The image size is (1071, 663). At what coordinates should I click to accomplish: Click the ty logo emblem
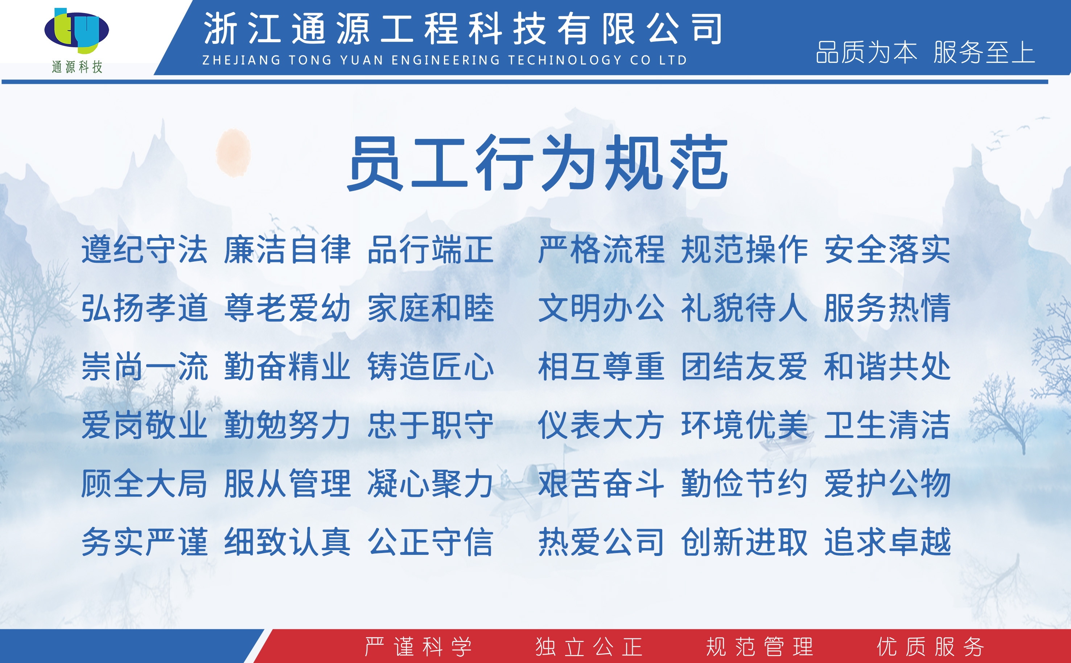(x=77, y=30)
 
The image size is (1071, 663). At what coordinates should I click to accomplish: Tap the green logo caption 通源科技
(x=77, y=67)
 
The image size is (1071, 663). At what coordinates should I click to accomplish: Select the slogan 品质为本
(x=866, y=52)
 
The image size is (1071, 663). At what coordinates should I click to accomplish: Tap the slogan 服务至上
(x=984, y=52)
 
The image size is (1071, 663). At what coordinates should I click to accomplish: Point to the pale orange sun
(x=233, y=152)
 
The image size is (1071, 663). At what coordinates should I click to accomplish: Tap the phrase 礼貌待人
(x=744, y=308)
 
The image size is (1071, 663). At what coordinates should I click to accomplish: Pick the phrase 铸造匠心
(x=431, y=367)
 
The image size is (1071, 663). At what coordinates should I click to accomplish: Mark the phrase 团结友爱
(x=744, y=367)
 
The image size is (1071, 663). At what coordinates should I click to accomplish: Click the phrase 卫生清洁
(x=887, y=425)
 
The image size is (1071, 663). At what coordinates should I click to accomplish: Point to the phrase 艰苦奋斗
(x=601, y=484)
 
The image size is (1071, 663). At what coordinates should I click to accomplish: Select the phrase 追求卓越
(x=887, y=542)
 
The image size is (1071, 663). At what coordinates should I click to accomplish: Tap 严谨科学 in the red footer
(x=419, y=647)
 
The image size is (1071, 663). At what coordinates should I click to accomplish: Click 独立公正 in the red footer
(x=589, y=647)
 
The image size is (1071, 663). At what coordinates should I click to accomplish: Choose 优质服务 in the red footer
(x=931, y=647)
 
